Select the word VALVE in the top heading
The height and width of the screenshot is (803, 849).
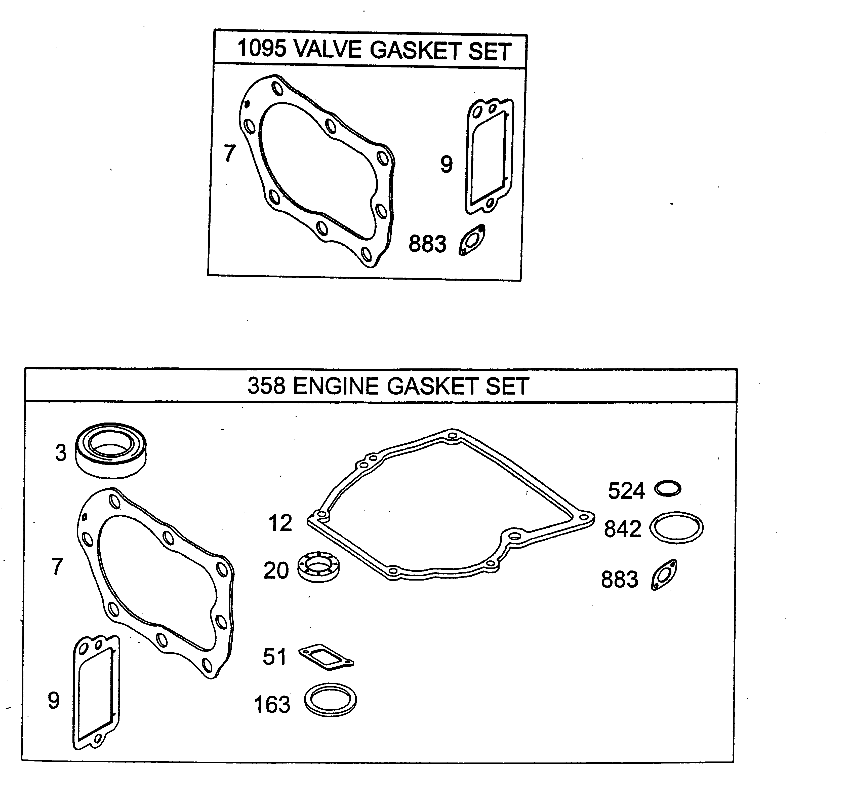pos(328,49)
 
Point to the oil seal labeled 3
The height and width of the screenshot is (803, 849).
pos(111,451)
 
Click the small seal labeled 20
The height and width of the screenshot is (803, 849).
pos(318,566)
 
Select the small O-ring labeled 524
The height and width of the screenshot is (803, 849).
pos(668,489)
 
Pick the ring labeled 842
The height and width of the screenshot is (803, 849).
pos(676,528)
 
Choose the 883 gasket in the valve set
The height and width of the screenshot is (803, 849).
pos(472,240)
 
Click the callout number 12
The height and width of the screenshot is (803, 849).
pos(280,523)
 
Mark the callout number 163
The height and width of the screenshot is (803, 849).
pos(272,705)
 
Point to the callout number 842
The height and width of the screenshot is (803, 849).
pos(623,529)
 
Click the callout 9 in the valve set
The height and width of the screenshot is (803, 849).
pos(446,164)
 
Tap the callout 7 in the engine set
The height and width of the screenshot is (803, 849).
pos(57,566)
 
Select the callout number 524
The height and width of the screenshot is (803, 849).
pos(626,491)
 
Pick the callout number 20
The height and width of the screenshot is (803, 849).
pos(276,570)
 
